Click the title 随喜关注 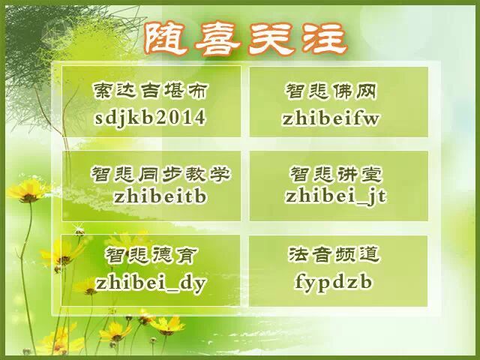[245, 40]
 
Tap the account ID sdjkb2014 [150, 118]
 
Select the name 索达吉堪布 [150, 90]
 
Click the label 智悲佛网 [331, 91]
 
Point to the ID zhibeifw [331, 118]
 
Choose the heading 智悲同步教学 [160, 174]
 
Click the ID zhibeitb [160, 196]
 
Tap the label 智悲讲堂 [336, 175]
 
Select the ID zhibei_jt [336, 196]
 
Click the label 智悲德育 [151, 255]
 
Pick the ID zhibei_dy [151, 283]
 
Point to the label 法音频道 [334, 254]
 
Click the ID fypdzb [334, 282]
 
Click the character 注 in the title [325, 40]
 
